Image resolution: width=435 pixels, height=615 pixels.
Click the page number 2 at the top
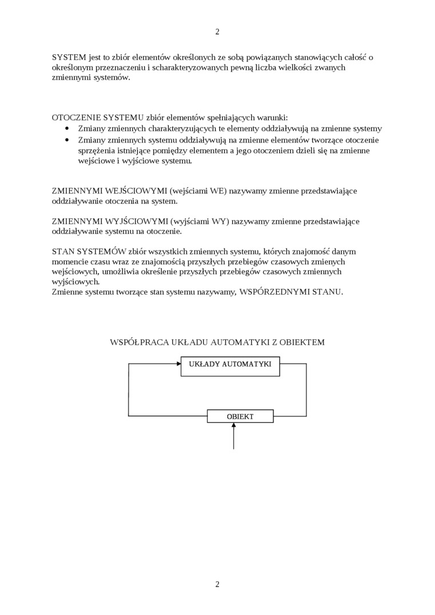click(217, 32)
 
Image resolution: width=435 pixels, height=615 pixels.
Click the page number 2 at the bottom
click(217, 584)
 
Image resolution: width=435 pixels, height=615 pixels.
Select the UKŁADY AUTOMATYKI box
click(230, 365)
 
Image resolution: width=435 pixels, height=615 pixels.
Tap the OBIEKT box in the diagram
click(240, 416)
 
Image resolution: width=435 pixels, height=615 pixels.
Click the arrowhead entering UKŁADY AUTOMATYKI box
click(177, 364)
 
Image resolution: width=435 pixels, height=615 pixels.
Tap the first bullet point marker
click(67, 129)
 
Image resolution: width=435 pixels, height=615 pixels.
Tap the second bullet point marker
click(67, 140)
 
